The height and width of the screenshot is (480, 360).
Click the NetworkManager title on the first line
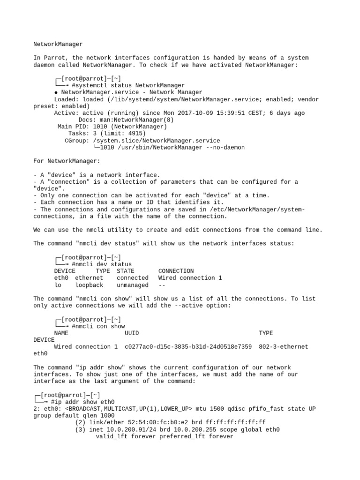58,44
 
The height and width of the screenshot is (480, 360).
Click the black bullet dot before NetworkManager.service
56,93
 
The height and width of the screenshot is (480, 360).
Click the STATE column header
126,271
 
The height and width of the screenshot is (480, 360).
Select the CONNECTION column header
176,271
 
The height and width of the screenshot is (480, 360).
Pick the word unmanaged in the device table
133,285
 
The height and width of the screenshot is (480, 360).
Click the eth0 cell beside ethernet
61,278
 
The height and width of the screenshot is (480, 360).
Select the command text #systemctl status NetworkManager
128,85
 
